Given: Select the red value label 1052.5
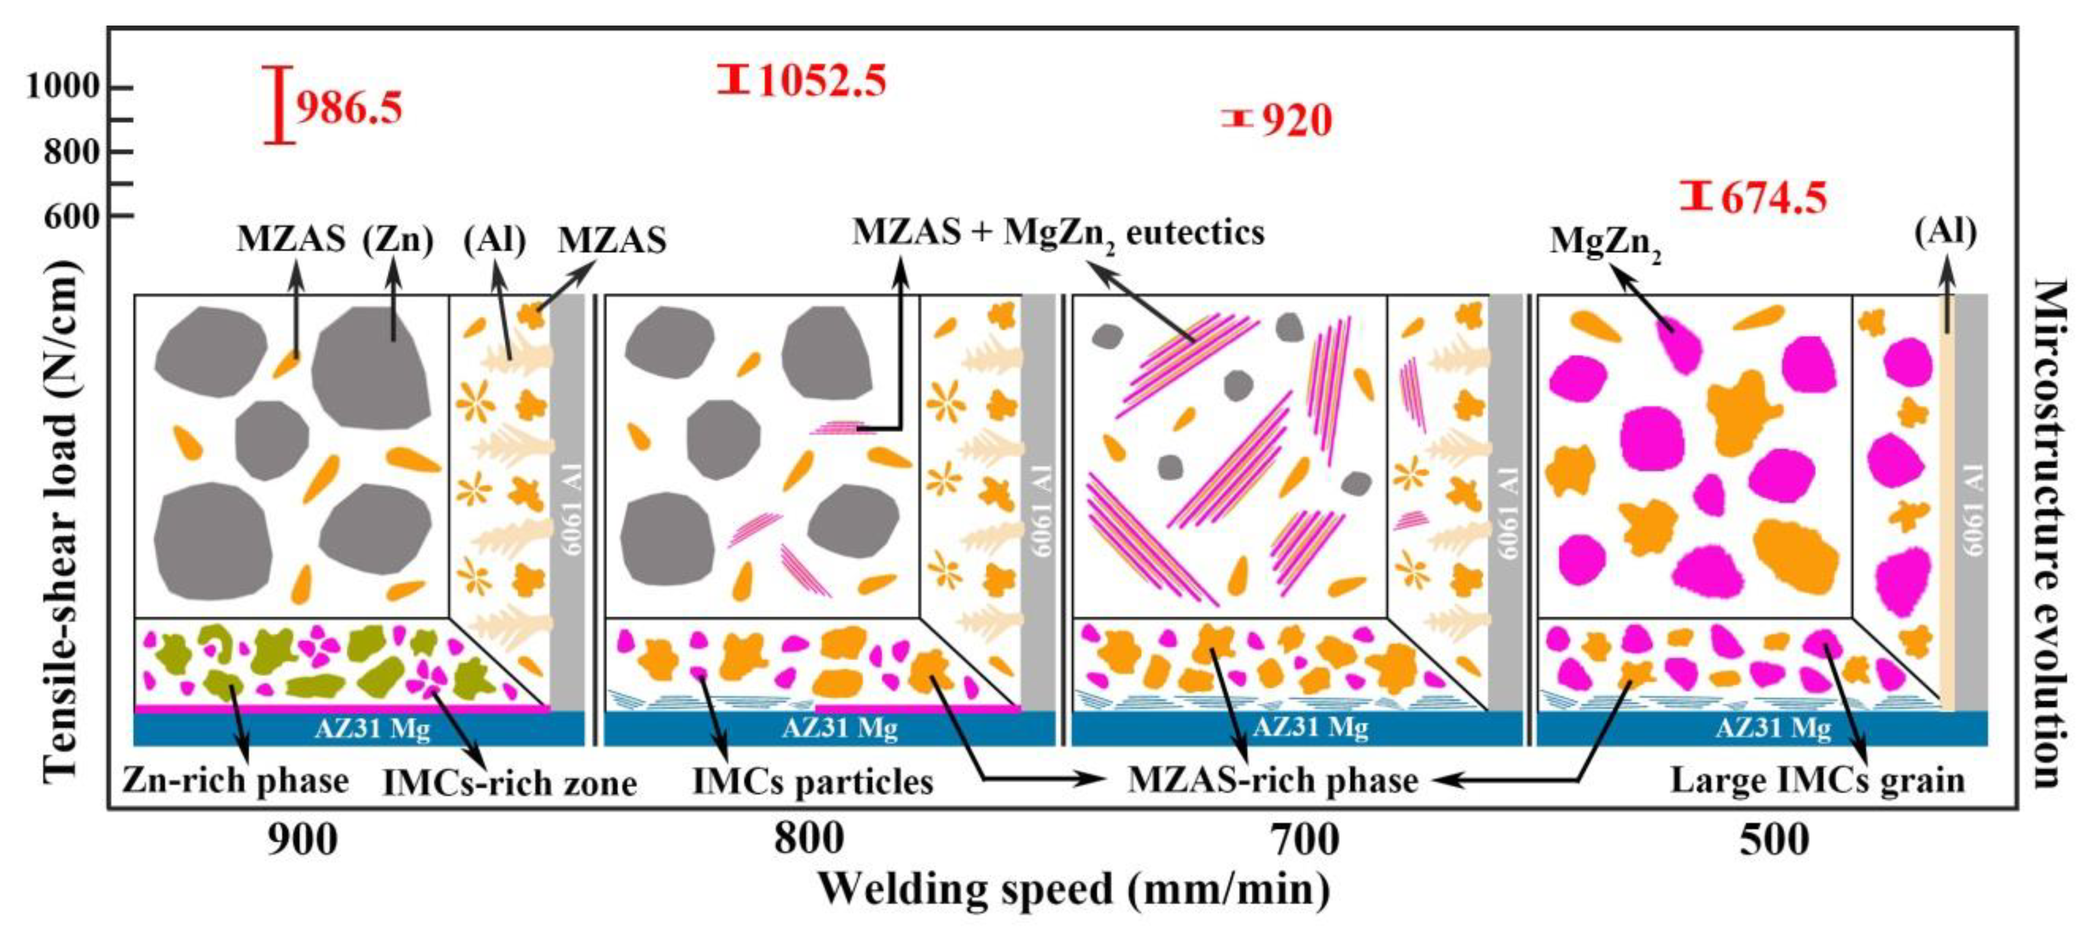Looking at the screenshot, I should [x=822, y=81].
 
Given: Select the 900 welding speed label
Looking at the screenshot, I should [x=302, y=840].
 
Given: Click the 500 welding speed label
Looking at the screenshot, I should [x=1774, y=840].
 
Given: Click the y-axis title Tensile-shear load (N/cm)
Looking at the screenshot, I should [x=62, y=520].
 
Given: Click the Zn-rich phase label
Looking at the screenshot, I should [x=236, y=781].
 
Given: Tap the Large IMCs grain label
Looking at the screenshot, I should [x=1817, y=781].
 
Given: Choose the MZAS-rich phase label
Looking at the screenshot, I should [x=1273, y=781].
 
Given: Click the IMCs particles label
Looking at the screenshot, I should [x=812, y=783].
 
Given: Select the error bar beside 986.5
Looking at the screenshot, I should [x=280, y=105].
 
